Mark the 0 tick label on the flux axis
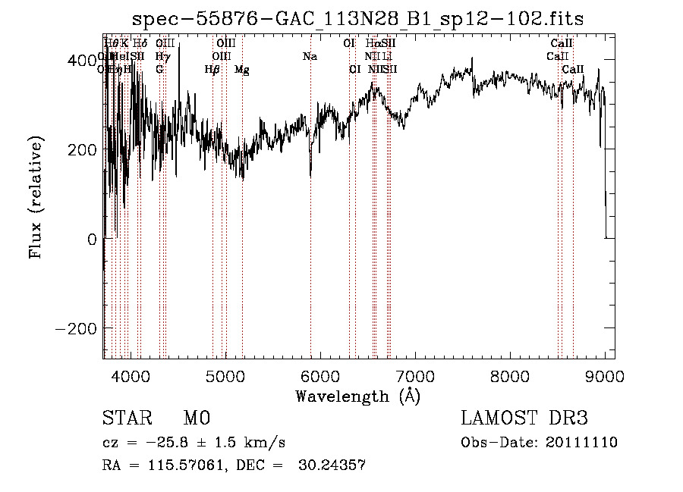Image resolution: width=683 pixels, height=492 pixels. [x=91, y=239]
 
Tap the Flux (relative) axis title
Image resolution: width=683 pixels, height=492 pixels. [x=36, y=193]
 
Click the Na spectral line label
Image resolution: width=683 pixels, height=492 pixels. [x=310, y=56]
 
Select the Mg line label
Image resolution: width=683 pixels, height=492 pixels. [x=242, y=70]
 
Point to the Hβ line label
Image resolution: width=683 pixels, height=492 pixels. [x=212, y=70]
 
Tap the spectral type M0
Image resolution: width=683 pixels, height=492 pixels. [x=197, y=418]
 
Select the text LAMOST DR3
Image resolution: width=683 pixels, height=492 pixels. [x=524, y=418]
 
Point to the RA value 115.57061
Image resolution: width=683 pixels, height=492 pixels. [x=181, y=466]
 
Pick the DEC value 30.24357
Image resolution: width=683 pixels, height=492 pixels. [x=335, y=466]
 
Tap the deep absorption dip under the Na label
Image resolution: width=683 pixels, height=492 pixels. [x=310, y=171]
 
